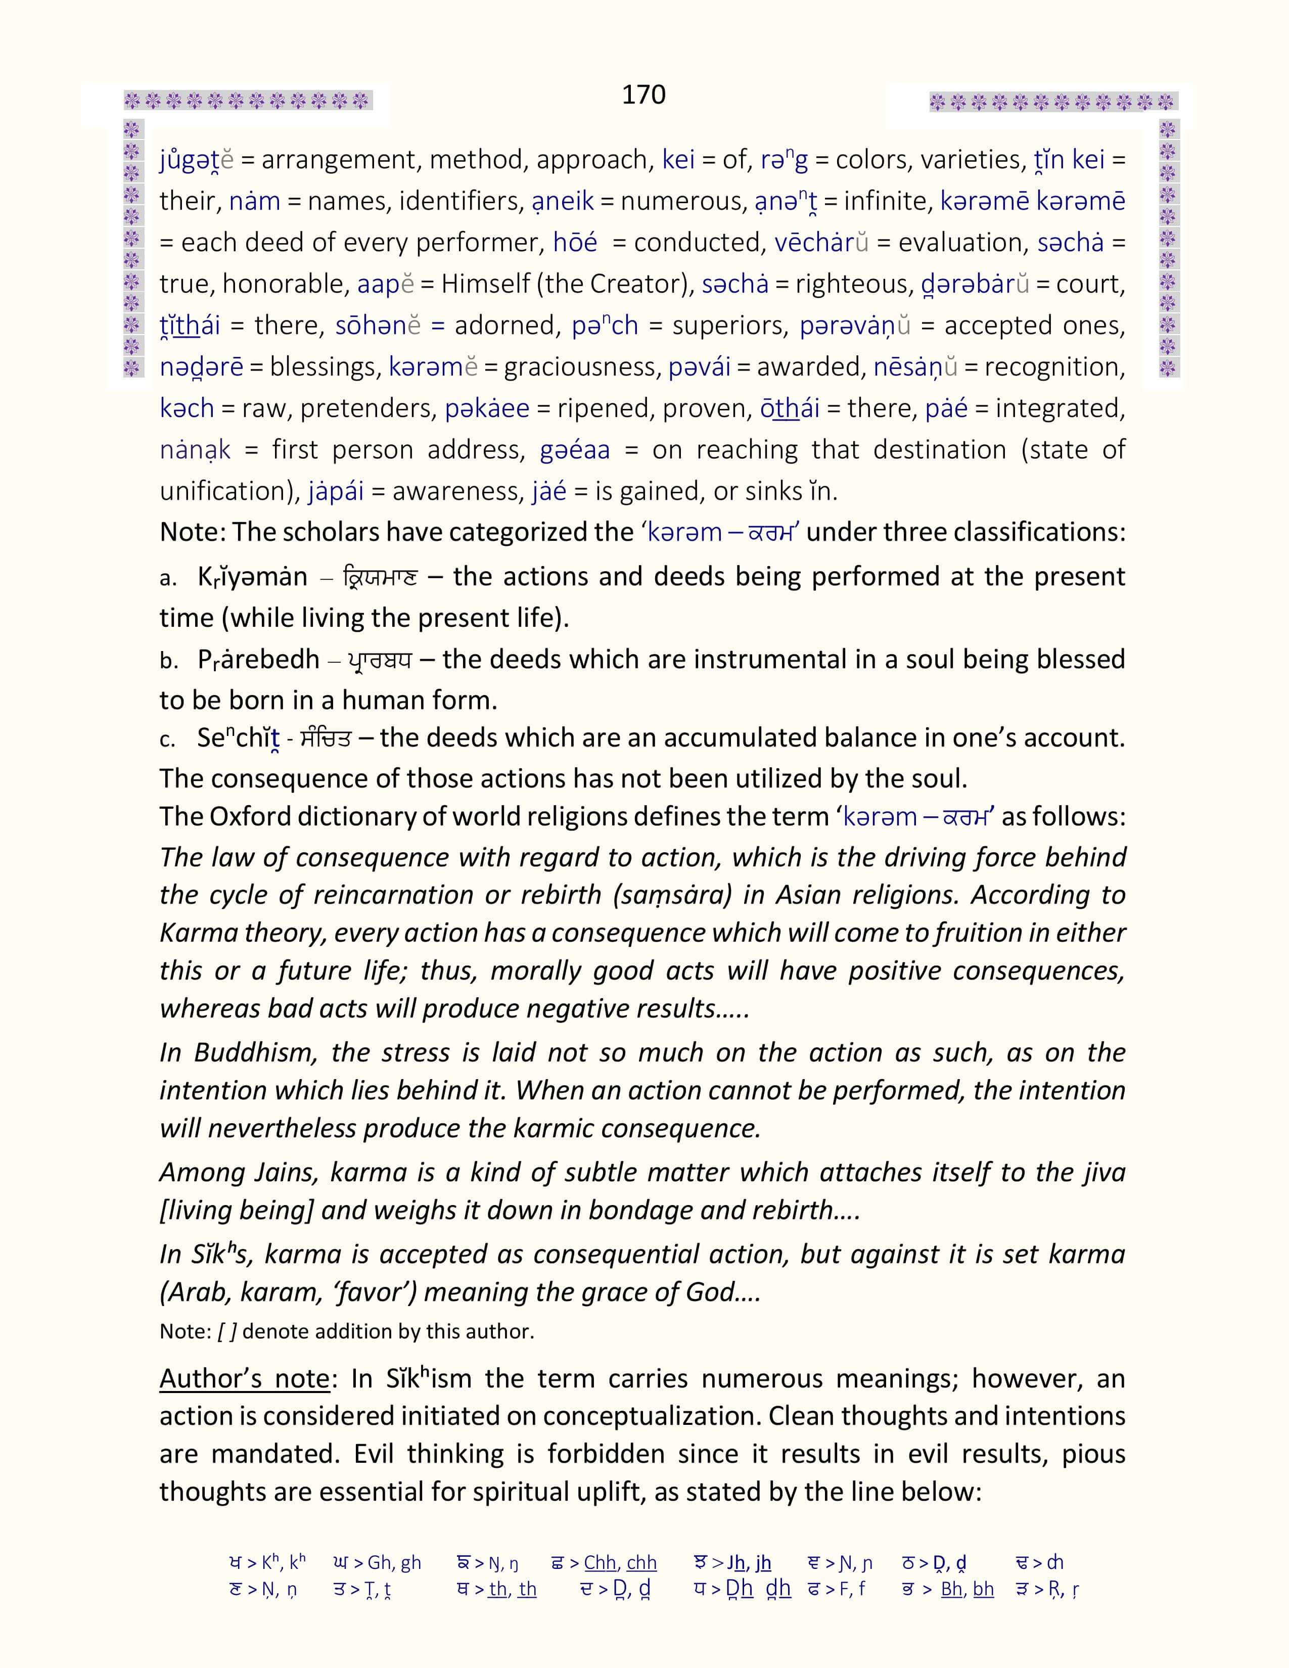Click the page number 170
(643, 95)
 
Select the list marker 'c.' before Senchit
(167, 739)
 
